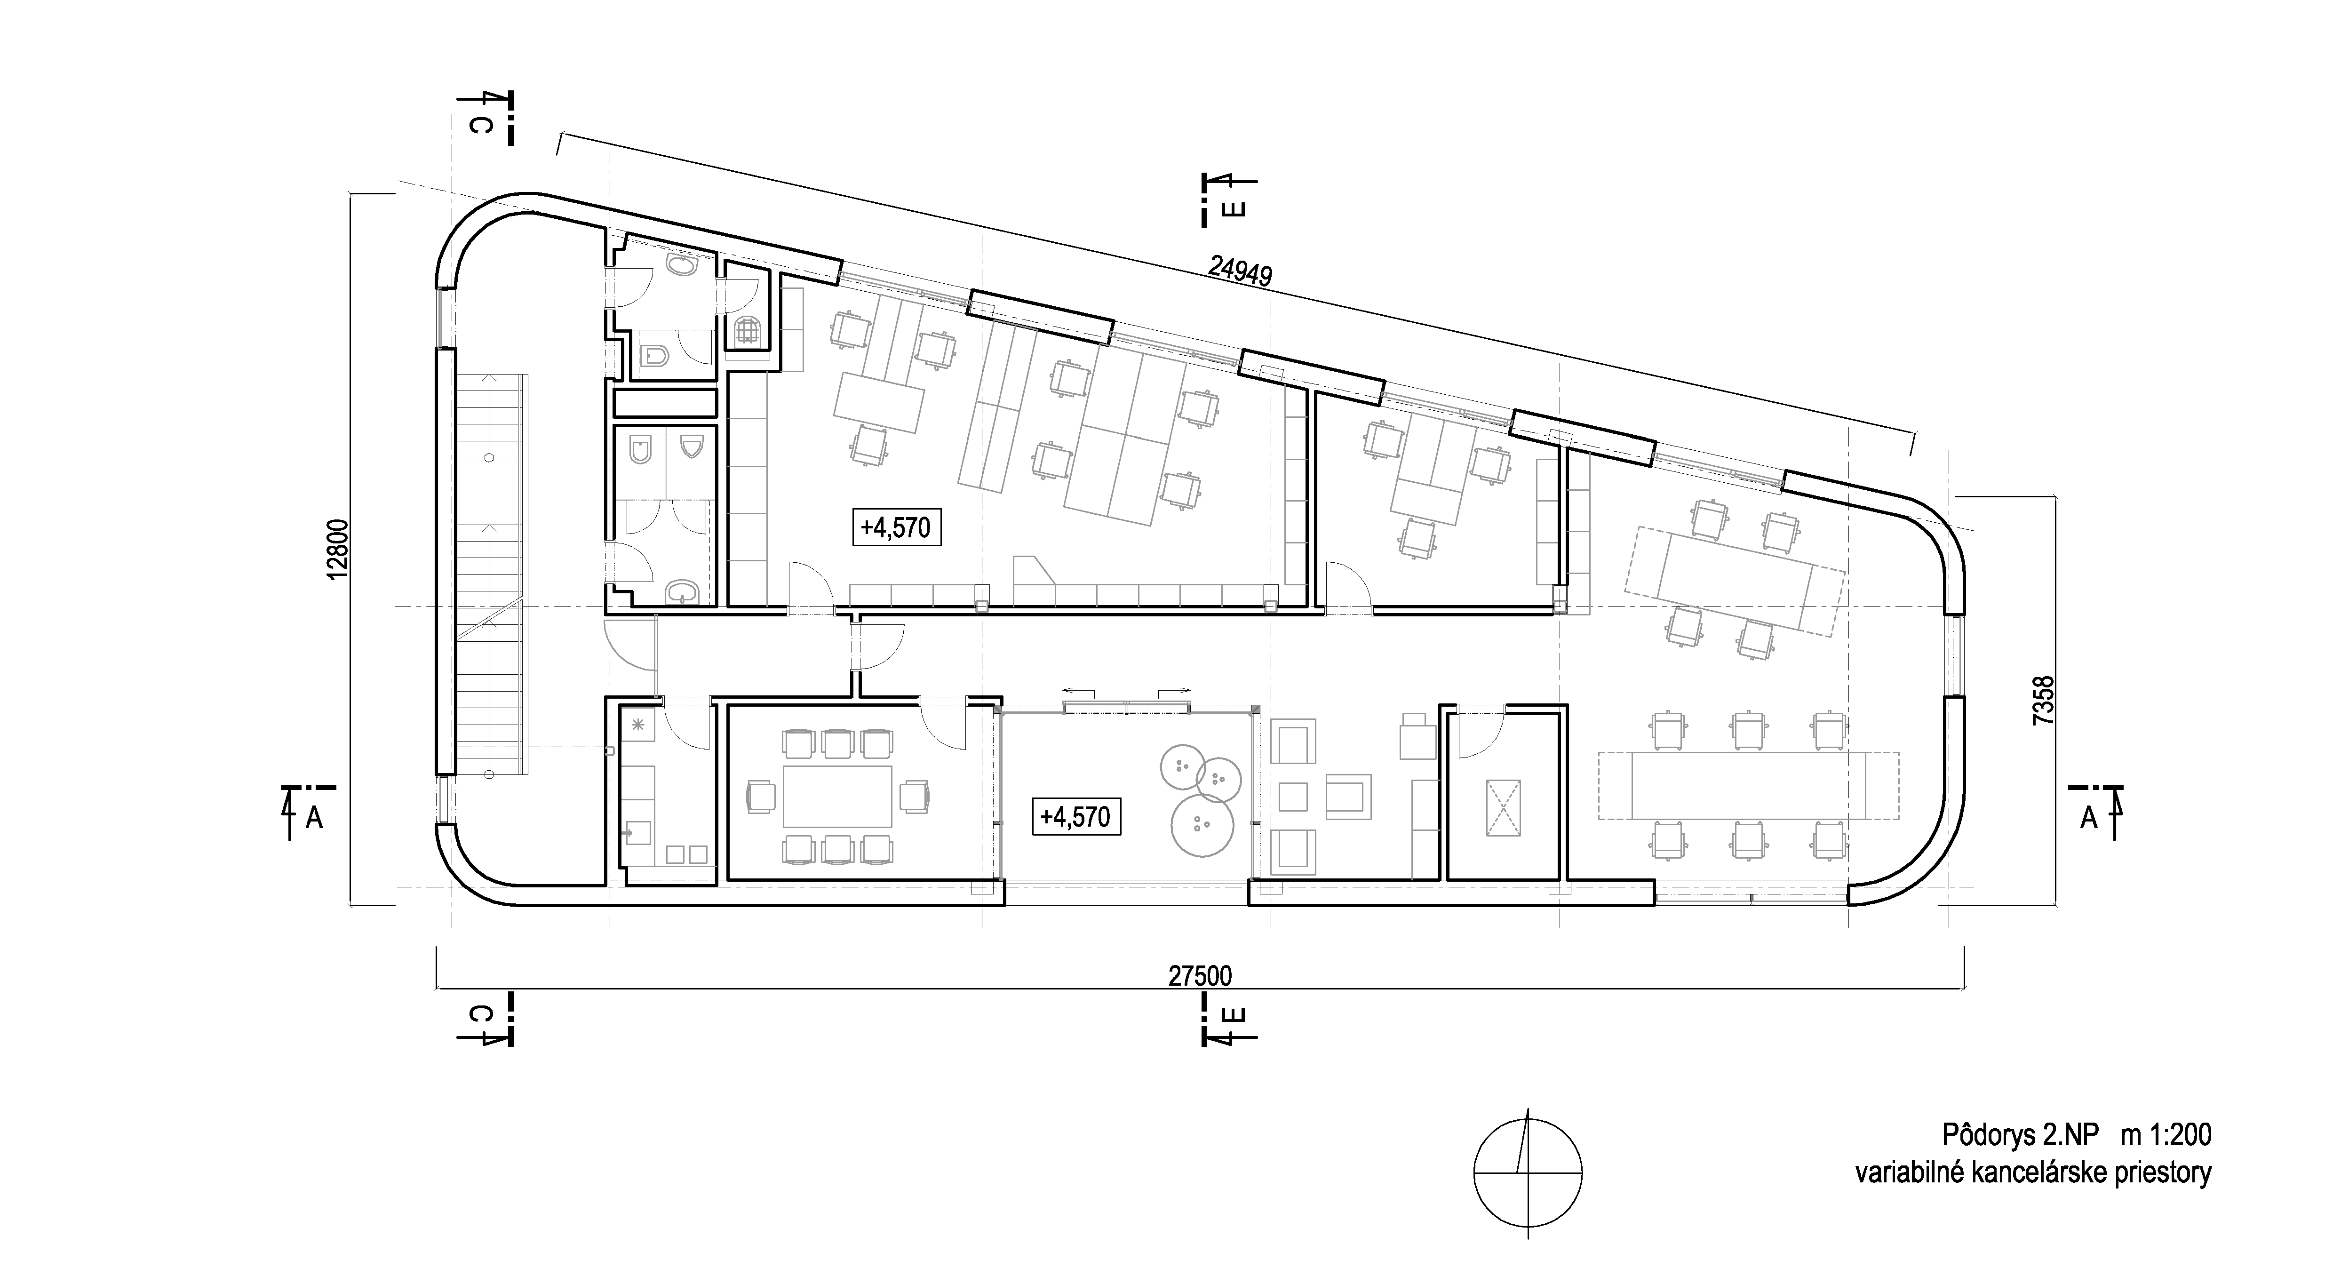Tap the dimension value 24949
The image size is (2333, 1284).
[1241, 271]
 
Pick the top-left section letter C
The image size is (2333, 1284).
[483, 124]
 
